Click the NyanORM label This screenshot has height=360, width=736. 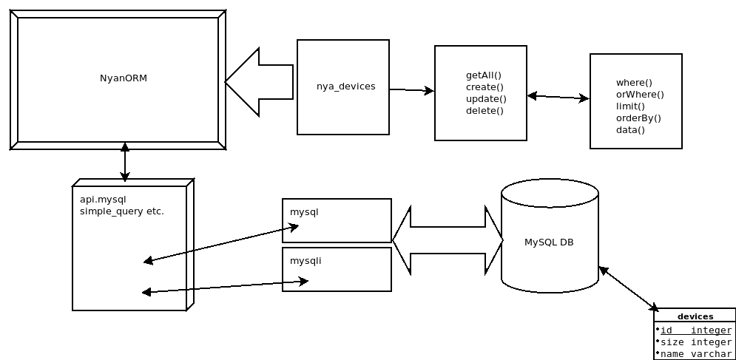click(x=124, y=78)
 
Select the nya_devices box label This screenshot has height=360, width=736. click(x=345, y=86)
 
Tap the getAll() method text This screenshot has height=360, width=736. click(x=484, y=75)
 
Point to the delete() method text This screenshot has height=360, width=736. click(x=485, y=111)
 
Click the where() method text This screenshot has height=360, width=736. click(x=634, y=83)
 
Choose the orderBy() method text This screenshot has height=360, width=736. click(x=638, y=118)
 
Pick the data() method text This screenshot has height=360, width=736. click(x=630, y=130)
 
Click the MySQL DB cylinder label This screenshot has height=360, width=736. click(x=549, y=242)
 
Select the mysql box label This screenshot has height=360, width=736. click(x=304, y=212)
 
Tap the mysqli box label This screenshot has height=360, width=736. click(x=305, y=261)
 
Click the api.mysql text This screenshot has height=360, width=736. click(x=104, y=200)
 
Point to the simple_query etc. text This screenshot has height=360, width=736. click(x=121, y=211)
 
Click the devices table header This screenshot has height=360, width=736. click(x=695, y=316)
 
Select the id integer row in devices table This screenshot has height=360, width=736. click(x=695, y=330)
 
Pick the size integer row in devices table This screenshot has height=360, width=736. click(x=695, y=342)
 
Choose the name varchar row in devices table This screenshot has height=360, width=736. click(x=695, y=354)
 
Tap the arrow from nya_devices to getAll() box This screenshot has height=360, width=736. click(x=411, y=90)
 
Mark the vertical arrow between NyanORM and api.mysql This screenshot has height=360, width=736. click(x=125, y=163)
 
